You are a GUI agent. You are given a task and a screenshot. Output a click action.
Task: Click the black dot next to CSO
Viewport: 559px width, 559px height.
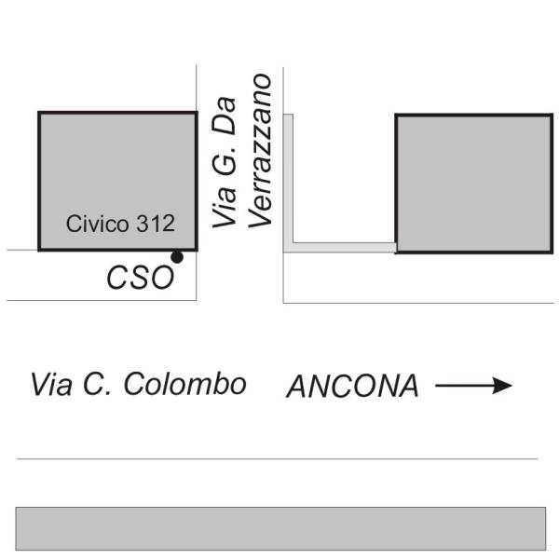point(176,257)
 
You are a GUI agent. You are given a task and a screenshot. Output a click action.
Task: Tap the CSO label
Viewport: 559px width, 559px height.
point(140,279)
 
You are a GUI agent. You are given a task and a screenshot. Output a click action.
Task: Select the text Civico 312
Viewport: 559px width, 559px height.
point(120,224)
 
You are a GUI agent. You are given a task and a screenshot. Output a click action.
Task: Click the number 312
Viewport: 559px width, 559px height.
point(157,224)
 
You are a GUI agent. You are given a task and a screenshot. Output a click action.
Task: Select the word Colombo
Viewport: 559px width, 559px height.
point(196,384)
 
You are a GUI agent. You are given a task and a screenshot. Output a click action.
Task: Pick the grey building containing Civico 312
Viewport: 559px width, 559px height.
point(117,168)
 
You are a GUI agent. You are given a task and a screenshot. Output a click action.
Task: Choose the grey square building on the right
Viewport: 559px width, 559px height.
point(473,183)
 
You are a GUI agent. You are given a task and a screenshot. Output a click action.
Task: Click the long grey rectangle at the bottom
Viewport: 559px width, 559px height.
point(279,528)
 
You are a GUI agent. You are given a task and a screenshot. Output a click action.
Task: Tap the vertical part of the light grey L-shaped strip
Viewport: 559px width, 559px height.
point(288,177)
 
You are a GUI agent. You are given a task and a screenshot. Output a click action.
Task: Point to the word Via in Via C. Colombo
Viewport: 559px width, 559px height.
point(52,384)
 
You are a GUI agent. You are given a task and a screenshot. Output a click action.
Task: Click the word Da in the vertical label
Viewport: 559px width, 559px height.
point(224,133)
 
